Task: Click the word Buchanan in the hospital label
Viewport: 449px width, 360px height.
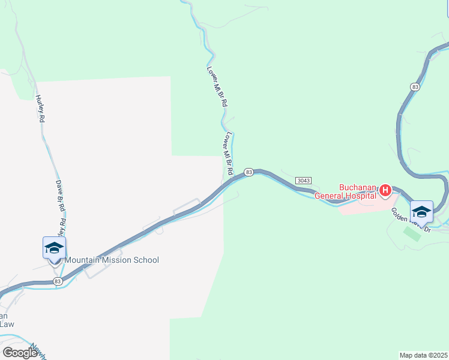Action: pos(358,186)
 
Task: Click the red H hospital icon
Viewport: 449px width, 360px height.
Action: pos(385,191)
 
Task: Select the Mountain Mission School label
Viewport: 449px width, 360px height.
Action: pos(112,260)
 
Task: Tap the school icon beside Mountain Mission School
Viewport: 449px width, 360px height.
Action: pos(54,248)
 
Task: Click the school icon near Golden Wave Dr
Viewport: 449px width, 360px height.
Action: pos(421,212)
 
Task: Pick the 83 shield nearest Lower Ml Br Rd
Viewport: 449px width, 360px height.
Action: pos(249,172)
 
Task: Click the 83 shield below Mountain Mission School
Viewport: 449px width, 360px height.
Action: pos(58,281)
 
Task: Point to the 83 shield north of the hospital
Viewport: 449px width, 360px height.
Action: pos(415,87)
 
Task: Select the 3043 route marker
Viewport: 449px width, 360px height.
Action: pos(303,181)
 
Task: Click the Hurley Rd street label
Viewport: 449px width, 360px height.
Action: pos(41,109)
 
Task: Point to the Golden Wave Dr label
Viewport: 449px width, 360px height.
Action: pos(411,220)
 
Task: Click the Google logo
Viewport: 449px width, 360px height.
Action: pos(20,352)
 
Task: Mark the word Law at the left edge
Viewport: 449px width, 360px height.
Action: pos(7,325)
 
